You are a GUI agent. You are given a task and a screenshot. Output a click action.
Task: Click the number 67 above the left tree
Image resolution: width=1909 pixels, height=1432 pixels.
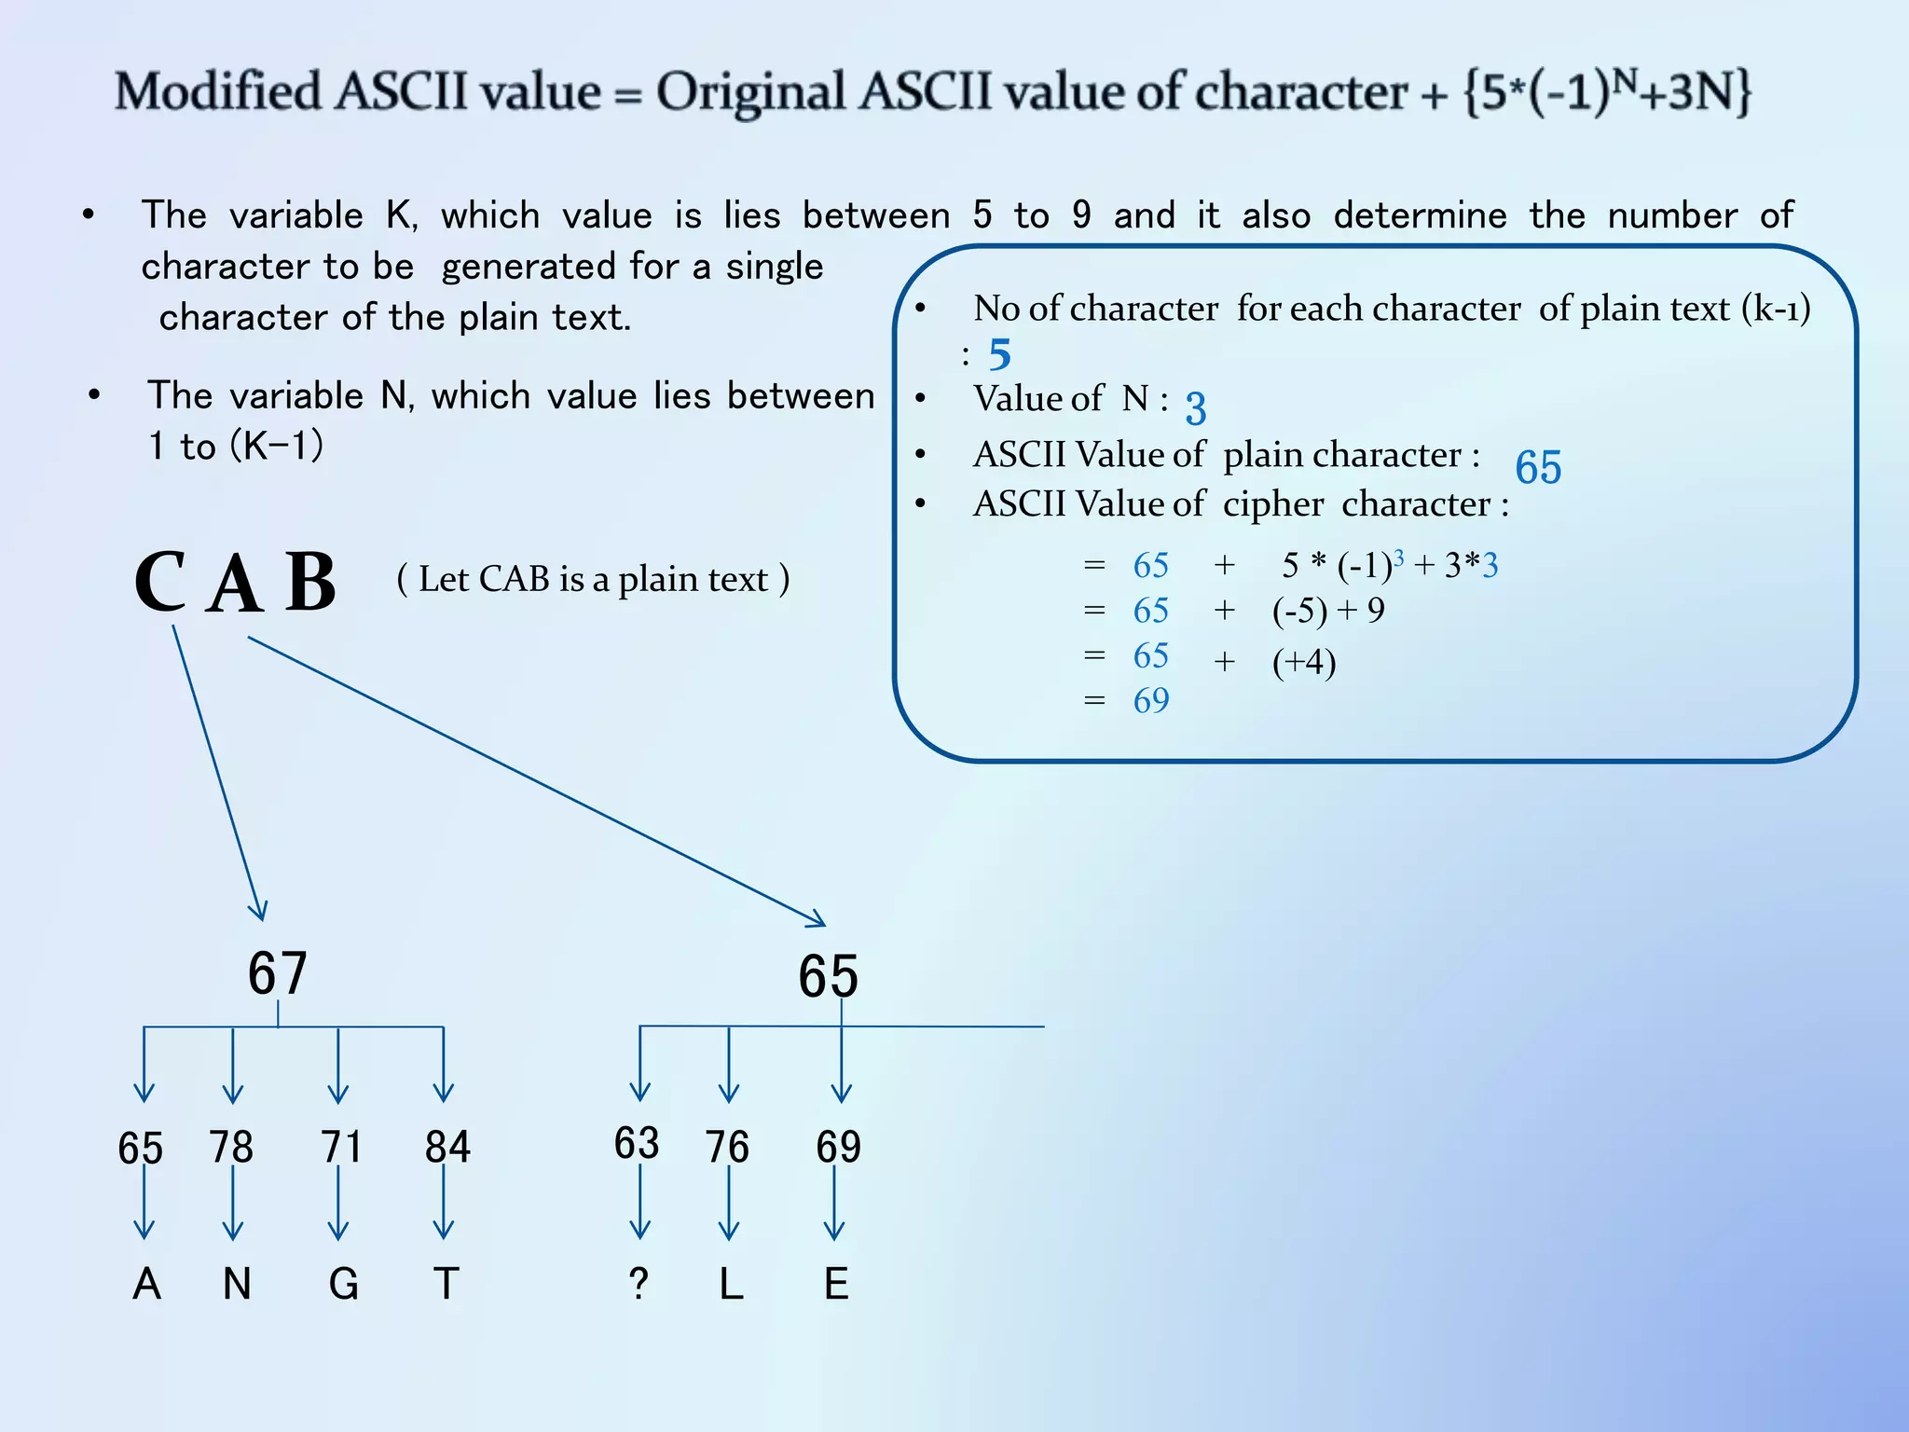(x=277, y=973)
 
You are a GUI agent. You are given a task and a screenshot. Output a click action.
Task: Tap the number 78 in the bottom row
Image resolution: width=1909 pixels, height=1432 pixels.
(x=231, y=1147)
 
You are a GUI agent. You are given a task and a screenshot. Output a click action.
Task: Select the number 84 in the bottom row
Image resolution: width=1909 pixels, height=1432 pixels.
(x=447, y=1147)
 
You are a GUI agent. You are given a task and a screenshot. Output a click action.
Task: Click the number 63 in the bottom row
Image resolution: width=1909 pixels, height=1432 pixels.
(x=637, y=1143)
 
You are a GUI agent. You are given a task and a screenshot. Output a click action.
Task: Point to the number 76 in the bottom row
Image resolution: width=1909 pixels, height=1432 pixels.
(x=727, y=1147)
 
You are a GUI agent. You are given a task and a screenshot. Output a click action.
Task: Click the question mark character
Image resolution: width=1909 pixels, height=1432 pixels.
(x=639, y=1284)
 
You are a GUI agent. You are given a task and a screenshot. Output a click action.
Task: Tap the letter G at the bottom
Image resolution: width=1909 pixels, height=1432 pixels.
(x=343, y=1284)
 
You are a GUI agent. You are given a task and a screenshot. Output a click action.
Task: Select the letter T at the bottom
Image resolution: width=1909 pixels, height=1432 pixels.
(x=446, y=1284)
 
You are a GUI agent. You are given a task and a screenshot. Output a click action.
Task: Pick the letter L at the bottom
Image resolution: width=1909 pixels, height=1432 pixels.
(x=731, y=1284)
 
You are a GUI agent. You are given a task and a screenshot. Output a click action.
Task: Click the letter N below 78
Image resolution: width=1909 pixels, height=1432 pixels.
(x=237, y=1284)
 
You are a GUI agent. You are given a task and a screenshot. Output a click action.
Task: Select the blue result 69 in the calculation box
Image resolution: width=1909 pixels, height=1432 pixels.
(x=1151, y=700)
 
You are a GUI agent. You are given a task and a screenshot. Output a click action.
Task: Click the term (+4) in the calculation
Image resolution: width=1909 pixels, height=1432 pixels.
(x=1304, y=662)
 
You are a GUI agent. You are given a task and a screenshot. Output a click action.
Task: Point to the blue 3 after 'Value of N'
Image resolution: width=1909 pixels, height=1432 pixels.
(x=1196, y=408)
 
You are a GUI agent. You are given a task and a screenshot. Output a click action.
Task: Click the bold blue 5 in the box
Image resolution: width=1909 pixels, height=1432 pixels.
(x=1000, y=354)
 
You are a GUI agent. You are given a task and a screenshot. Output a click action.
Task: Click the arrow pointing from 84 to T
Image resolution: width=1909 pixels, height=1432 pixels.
(x=444, y=1202)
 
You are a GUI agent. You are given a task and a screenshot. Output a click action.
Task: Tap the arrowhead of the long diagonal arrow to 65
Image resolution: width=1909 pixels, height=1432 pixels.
(x=817, y=921)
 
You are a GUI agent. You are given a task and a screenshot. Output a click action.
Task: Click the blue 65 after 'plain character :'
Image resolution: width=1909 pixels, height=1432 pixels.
(x=1538, y=467)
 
